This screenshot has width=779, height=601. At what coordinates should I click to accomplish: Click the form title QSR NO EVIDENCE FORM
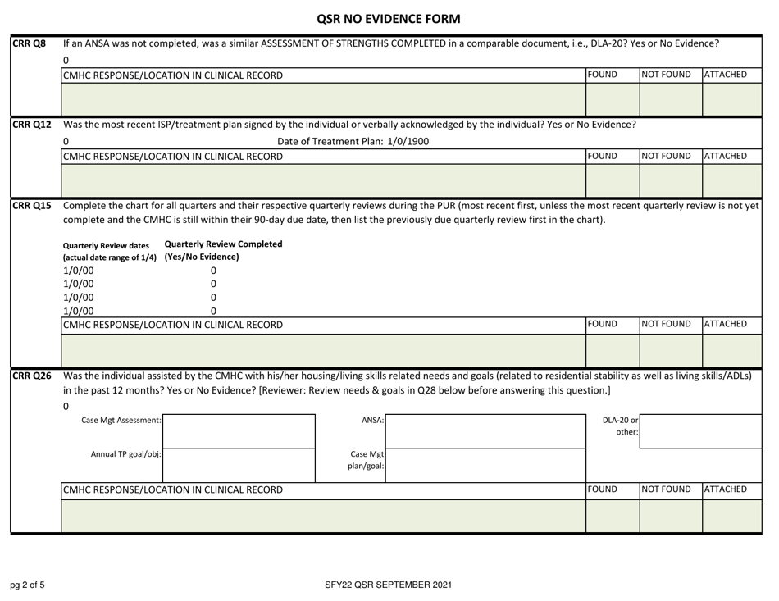point(389,18)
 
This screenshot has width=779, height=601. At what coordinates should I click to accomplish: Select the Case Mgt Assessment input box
point(241,430)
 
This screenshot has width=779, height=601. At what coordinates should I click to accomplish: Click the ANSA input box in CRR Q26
point(485,430)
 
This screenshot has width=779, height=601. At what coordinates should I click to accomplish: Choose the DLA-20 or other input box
point(704,430)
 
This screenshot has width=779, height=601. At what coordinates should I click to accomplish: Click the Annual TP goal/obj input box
point(241,464)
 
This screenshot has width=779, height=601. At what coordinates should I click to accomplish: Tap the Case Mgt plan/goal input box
point(485,464)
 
